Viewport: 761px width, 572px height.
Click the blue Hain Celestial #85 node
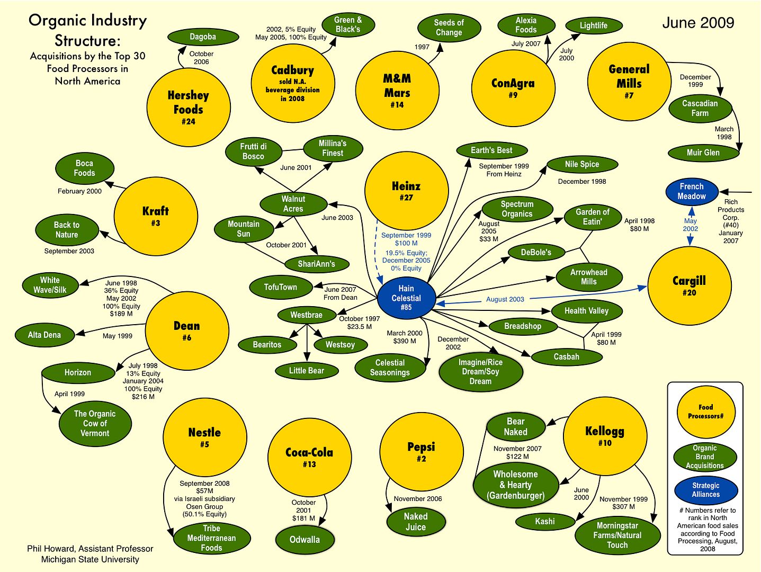tap(406, 298)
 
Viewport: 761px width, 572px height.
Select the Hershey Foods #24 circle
tap(189, 107)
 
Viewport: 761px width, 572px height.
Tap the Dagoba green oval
tap(203, 37)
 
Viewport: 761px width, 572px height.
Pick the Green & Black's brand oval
tap(348, 24)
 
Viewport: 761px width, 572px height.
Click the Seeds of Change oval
tap(449, 28)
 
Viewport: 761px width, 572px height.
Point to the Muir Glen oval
tap(703, 153)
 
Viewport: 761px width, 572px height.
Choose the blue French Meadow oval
tap(692, 191)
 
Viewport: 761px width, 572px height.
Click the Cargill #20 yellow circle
tap(689, 286)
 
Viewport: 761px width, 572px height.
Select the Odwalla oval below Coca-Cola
tap(305, 539)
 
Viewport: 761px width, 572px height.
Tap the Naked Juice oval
tap(416, 522)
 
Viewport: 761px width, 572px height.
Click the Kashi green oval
tap(545, 521)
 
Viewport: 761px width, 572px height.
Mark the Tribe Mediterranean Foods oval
tap(211, 538)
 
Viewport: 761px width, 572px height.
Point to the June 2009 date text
tap(699, 23)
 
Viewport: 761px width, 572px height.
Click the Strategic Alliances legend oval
tap(706, 490)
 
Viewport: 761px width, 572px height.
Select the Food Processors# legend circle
tap(706, 412)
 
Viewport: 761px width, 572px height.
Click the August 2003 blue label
tap(505, 299)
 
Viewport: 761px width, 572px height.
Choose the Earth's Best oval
tap(491, 150)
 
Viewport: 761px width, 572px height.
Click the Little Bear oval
tap(307, 371)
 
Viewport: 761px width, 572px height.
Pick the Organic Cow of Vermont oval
tap(95, 423)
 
